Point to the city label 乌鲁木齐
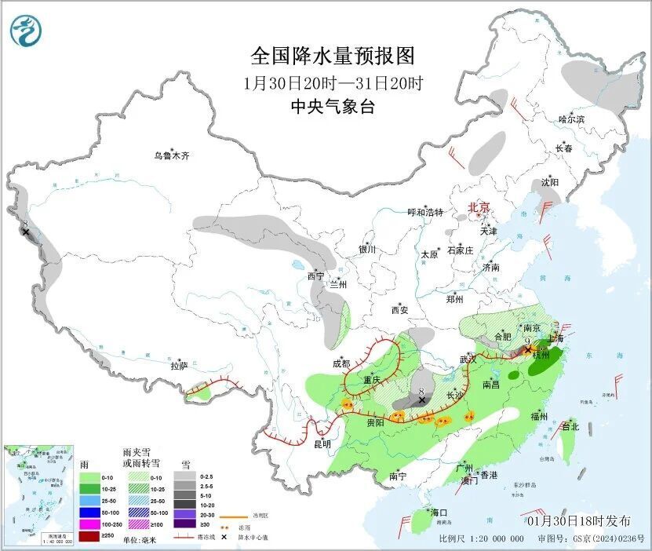coord(171,155)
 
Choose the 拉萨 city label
coord(179,365)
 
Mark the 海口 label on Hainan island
coord(439,513)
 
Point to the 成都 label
coord(341,363)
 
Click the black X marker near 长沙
coord(421,400)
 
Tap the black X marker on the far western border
coord(26,232)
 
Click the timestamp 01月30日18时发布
coord(579,520)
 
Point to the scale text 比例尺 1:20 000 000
coord(481,538)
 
